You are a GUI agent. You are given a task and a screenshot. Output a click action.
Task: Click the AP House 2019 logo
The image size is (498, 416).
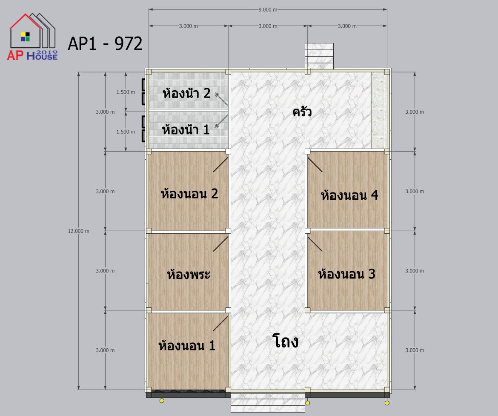(32, 37)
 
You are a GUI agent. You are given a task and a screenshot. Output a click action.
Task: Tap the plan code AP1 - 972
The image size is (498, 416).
(105, 43)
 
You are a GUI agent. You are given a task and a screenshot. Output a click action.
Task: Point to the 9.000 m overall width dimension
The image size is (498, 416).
(268, 9)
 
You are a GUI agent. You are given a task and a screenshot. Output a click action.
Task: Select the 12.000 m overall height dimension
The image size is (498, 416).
(78, 231)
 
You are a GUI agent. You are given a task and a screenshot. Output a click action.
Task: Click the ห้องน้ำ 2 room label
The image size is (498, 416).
(186, 93)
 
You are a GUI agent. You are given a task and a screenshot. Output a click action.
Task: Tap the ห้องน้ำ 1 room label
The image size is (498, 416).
(186, 130)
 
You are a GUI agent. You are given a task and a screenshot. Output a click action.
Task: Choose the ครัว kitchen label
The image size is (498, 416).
(302, 112)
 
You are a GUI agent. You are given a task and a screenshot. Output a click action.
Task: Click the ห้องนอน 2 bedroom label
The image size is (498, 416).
(189, 194)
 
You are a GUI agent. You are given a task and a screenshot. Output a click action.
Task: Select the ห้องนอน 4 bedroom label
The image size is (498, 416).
(349, 195)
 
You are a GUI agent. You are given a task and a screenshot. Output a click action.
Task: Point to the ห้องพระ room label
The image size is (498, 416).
(189, 274)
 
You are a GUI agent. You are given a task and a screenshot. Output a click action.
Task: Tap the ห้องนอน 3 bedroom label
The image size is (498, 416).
(347, 274)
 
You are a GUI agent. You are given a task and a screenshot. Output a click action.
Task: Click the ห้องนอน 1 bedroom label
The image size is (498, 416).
(187, 345)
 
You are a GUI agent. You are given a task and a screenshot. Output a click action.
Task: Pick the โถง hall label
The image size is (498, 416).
(286, 341)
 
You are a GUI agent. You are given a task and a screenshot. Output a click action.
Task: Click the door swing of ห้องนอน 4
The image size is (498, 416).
(315, 165)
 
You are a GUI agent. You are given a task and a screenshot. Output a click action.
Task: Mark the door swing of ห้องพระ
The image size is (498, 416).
(221, 244)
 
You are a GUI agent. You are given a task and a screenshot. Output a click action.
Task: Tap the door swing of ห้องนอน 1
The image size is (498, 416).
(221, 323)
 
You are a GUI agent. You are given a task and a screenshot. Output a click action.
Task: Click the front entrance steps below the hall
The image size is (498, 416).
(268, 402)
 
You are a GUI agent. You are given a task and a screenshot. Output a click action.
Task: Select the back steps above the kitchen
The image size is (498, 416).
(319, 56)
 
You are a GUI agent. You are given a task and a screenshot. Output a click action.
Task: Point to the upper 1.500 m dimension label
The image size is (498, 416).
(126, 92)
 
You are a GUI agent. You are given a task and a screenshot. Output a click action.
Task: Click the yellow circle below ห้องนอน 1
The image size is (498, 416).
(162, 400)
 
